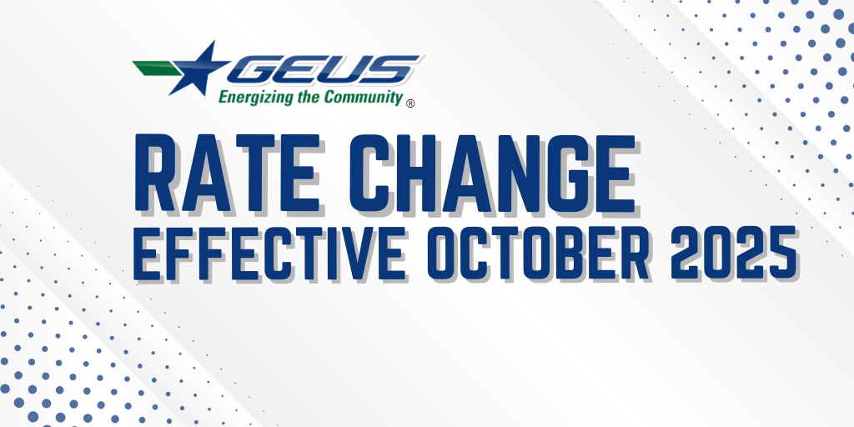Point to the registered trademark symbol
(410, 103)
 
